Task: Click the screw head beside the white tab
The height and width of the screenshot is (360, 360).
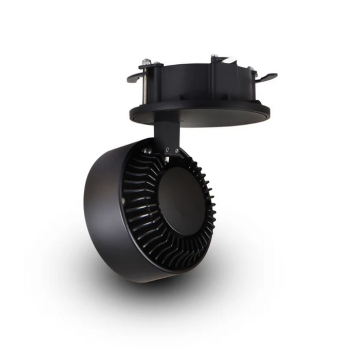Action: coord(214,57)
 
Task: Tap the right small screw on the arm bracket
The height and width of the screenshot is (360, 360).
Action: coord(176,151)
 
